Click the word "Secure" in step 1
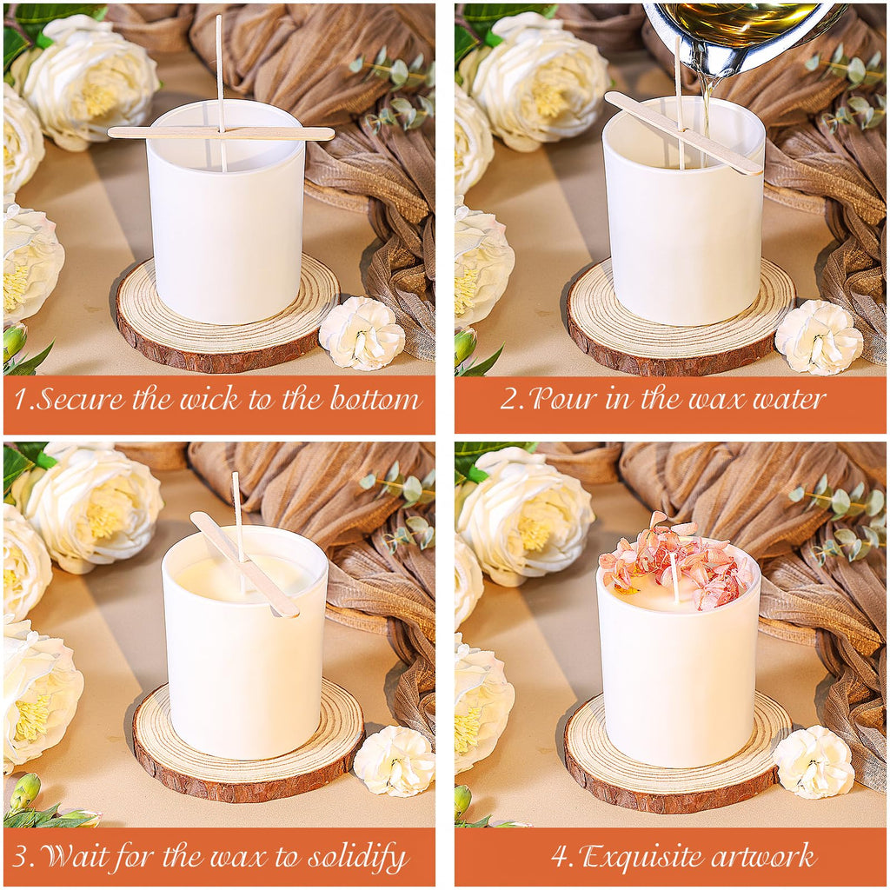tap(80, 398)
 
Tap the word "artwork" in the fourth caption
tap(760, 856)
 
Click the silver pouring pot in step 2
tap(745, 35)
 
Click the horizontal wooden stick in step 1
tap(222, 133)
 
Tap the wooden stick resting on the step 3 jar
tap(244, 564)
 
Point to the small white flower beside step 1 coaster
tap(362, 333)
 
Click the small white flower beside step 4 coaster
tap(814, 761)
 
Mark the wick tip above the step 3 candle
tap(235, 475)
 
